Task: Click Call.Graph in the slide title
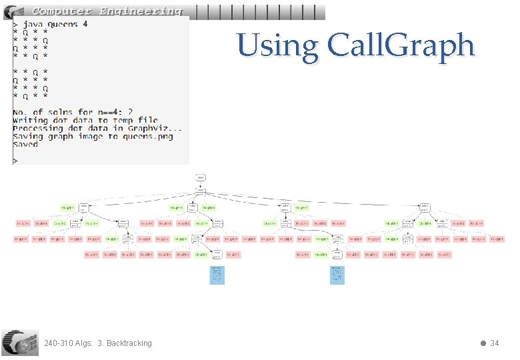tap(401, 46)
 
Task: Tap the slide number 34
tap(494, 343)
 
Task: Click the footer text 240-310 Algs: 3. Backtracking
tap(97, 343)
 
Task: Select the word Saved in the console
tap(25, 144)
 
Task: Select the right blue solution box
tap(338, 275)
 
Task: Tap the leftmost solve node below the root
tap(84, 207)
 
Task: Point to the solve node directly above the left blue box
tap(217, 254)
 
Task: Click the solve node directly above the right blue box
tap(338, 254)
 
